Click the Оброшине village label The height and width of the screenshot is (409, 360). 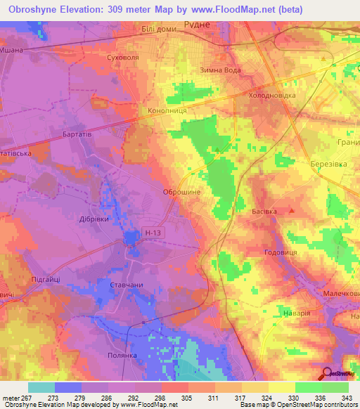click(x=181, y=192)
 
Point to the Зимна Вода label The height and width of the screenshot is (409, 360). click(x=221, y=69)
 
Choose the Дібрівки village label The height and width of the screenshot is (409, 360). click(x=93, y=218)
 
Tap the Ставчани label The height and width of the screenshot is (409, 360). click(x=127, y=285)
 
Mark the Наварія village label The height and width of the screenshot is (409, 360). click(x=298, y=312)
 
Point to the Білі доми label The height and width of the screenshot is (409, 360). click(x=158, y=27)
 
